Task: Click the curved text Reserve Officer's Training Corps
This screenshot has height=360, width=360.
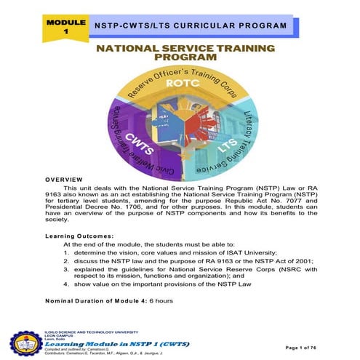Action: click(178, 79)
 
